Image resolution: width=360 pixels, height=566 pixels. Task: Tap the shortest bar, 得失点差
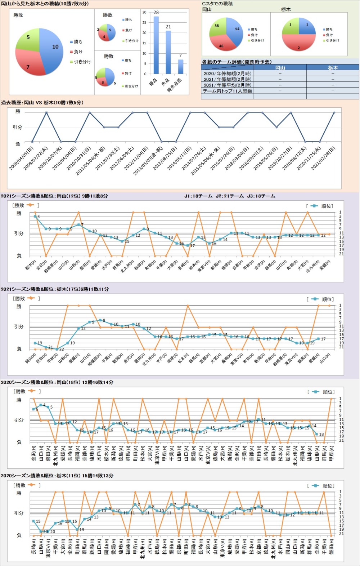180,67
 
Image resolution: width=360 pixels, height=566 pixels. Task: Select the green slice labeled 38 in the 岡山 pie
217,27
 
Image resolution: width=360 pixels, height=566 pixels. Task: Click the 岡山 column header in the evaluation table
280,68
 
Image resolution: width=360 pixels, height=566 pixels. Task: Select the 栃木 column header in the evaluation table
333,68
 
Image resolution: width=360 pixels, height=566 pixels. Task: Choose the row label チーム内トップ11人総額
228,91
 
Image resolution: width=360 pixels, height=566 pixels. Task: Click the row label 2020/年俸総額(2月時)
228,73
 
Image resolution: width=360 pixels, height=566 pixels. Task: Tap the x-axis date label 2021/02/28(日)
323,159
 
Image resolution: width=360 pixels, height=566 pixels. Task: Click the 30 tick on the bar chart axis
144,12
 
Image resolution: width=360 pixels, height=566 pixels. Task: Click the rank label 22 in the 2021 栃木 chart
62,349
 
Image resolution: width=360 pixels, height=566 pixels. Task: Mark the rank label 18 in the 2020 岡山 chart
321,434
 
